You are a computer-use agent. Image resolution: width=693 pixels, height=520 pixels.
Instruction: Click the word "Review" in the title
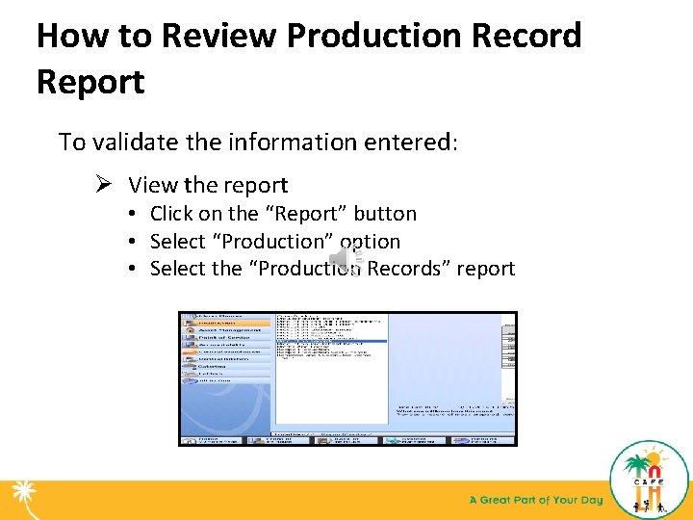pyautogui.click(x=218, y=36)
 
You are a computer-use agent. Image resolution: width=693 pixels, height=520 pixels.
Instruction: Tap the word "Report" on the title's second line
pyautogui.click(x=90, y=82)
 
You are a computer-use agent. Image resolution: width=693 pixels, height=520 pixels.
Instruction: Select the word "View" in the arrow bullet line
pyautogui.click(x=154, y=185)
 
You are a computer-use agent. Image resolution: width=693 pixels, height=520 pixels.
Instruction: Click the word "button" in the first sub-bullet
pyautogui.click(x=385, y=214)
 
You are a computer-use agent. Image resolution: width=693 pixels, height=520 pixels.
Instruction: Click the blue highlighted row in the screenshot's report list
pyautogui.click(x=330, y=341)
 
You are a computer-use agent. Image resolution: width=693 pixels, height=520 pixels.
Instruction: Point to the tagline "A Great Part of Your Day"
pyautogui.click(x=535, y=500)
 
